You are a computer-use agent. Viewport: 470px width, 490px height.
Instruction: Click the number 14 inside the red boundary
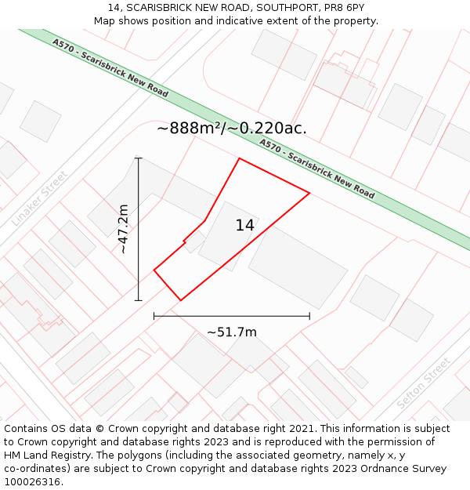(x=244, y=226)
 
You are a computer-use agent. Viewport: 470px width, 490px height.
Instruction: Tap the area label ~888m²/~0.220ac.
(x=232, y=129)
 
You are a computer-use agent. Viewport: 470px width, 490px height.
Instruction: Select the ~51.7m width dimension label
(x=232, y=332)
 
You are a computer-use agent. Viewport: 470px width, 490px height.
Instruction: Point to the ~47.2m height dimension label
(x=123, y=229)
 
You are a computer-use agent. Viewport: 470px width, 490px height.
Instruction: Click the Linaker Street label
(x=40, y=198)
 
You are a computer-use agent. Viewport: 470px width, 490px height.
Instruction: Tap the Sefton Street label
(x=424, y=383)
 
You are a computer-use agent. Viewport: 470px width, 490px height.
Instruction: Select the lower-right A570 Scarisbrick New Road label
(x=316, y=169)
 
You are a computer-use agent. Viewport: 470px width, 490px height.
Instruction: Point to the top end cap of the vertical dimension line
(x=139, y=158)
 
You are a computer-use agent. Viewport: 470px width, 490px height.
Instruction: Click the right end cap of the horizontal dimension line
(x=309, y=316)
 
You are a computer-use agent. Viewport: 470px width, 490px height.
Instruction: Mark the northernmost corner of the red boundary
(x=239, y=158)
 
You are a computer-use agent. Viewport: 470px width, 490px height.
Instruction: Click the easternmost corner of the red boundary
(x=309, y=193)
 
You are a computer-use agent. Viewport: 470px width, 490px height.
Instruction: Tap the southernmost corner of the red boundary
(x=181, y=300)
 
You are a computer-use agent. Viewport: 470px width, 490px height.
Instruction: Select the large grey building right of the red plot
(x=298, y=267)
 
